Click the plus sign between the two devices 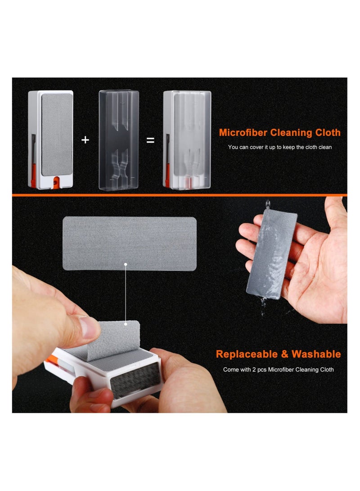coord(85,140)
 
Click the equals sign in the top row coord(151,140)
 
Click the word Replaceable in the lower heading coord(246,354)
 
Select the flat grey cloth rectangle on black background coord(129,243)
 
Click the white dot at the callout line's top coord(126,265)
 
